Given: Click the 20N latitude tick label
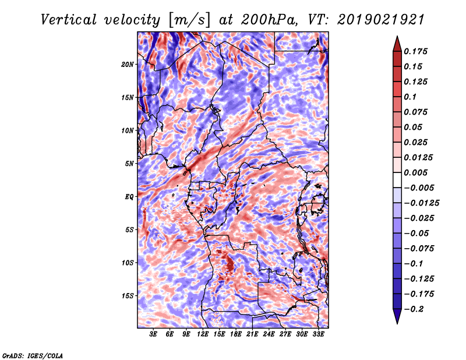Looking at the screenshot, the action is [127, 65].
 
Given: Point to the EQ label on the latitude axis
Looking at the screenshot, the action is [129, 197].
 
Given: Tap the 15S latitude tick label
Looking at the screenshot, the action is [127, 296].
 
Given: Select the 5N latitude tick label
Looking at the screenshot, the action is [129, 164].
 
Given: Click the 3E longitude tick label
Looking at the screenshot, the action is [153, 334].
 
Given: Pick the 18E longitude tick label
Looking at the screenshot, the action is [236, 334].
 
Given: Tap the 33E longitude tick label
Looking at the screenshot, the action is [318, 334].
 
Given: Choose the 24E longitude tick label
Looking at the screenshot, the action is [269, 334].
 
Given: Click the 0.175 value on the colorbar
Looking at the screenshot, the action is [415, 51].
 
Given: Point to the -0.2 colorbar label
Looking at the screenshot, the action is [414, 309].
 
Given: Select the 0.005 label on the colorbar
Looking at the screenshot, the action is [415, 172].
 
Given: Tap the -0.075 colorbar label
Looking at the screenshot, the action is [419, 249].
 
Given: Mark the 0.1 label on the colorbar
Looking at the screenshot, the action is [410, 97].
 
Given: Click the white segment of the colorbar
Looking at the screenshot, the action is [397, 180].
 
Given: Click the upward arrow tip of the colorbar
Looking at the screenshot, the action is [397, 36].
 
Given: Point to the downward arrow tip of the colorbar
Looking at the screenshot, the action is [397, 323].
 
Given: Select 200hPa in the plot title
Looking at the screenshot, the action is [269, 20].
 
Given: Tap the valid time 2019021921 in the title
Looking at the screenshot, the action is [381, 20].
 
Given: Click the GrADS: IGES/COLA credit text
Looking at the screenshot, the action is [33, 355].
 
